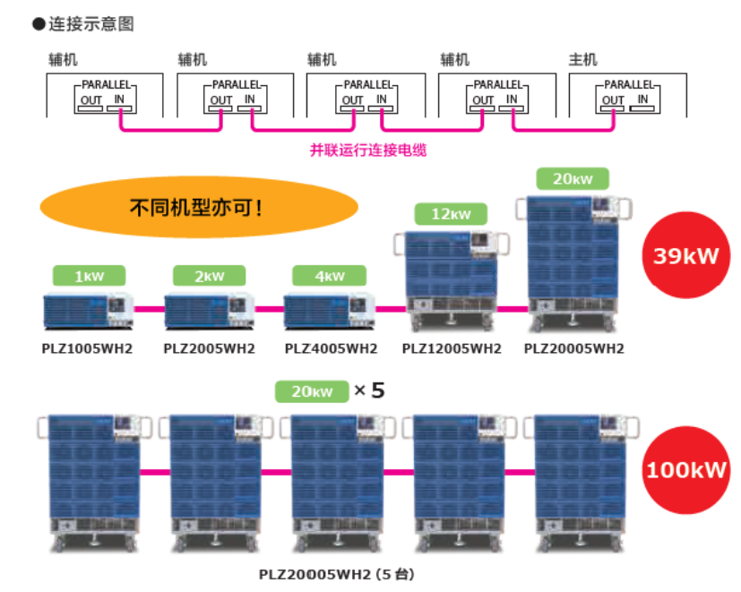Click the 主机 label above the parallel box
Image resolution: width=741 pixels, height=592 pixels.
click(582, 60)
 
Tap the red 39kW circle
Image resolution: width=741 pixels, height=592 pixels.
click(685, 255)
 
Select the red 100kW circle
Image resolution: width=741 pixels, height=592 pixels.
click(685, 468)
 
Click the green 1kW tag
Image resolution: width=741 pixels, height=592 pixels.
click(88, 276)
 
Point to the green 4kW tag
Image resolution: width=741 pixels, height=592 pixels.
click(331, 276)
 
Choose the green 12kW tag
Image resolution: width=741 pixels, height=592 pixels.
click(451, 214)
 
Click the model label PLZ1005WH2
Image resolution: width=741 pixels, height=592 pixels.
click(89, 348)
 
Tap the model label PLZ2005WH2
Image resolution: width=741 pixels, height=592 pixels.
click(210, 348)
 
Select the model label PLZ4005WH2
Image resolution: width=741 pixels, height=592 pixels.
click(331, 348)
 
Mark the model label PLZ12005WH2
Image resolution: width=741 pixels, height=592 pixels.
click(452, 348)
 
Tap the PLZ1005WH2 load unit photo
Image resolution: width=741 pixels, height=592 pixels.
click(89, 310)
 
